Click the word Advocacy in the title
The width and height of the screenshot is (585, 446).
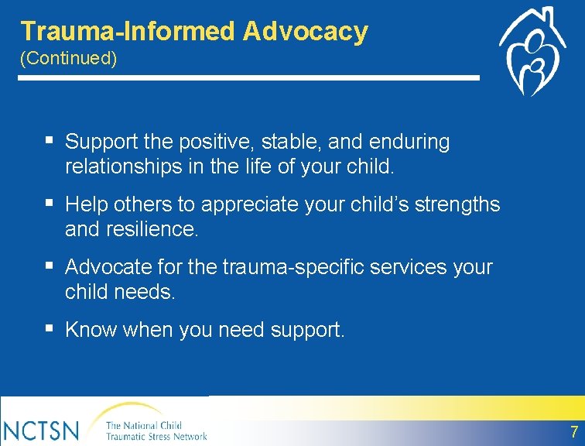[x=305, y=32]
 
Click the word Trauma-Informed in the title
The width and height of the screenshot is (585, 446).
[x=128, y=32]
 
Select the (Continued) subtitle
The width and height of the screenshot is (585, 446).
[x=69, y=60]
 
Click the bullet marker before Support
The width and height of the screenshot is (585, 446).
[x=49, y=142]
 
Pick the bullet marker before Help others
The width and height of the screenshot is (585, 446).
[x=49, y=204]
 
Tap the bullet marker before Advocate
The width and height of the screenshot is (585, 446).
[x=49, y=267]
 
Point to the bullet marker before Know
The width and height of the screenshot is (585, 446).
[x=49, y=330]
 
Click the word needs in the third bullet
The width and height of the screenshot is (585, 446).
[x=147, y=292]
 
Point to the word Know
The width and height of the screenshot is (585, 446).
[x=87, y=331]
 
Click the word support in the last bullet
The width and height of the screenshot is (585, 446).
[x=307, y=331]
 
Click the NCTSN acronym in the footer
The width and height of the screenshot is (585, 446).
[x=39, y=430]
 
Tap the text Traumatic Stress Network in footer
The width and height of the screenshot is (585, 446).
[x=156, y=437]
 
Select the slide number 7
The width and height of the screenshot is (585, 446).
[x=573, y=432]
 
